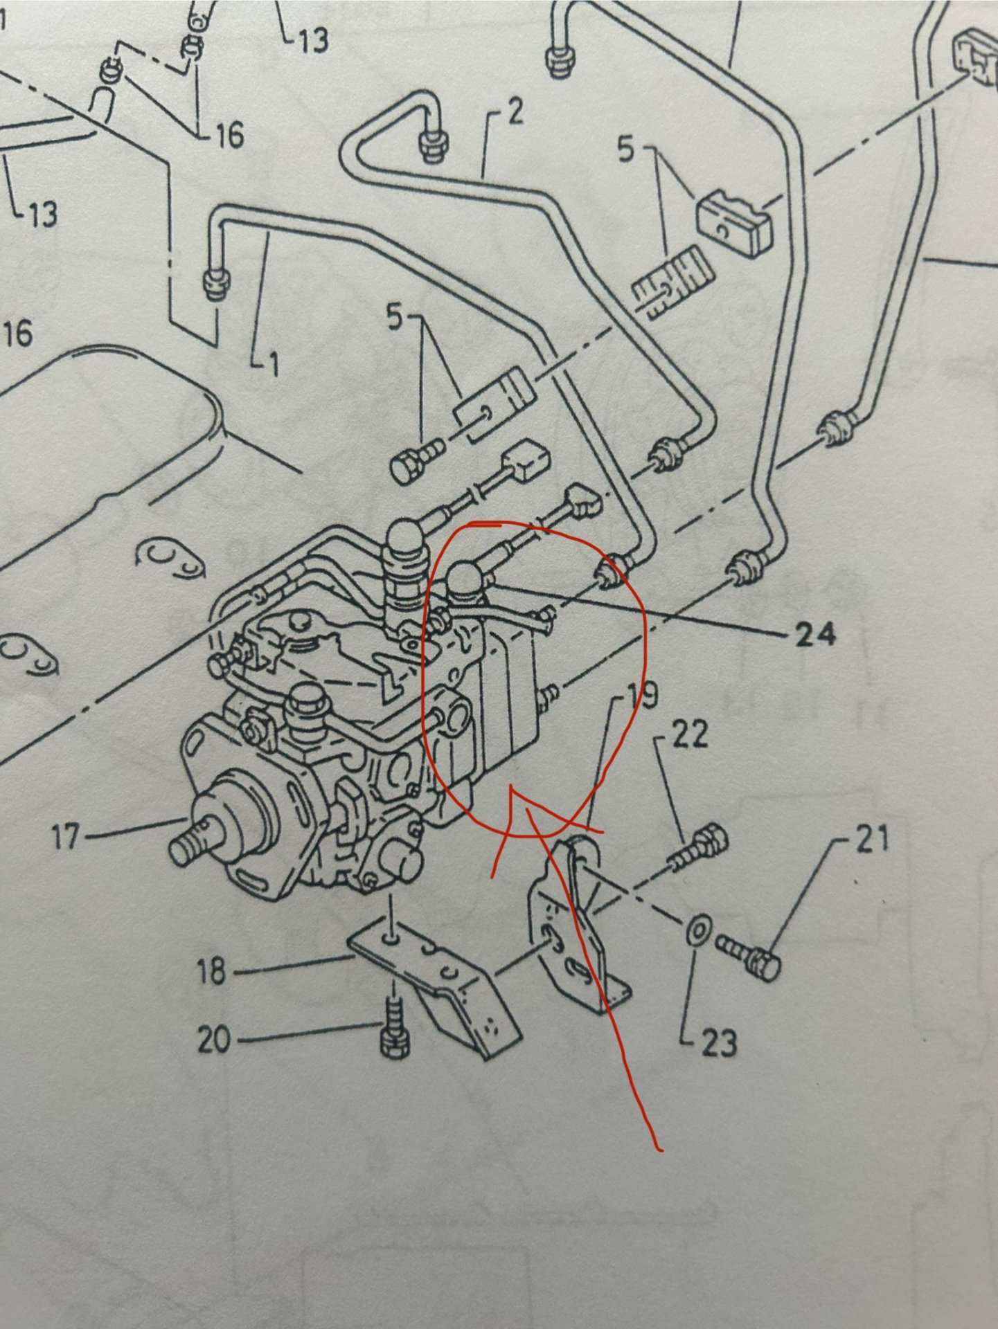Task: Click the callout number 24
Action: tap(814, 633)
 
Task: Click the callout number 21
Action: tap(872, 839)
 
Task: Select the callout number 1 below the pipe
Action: tap(274, 363)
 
